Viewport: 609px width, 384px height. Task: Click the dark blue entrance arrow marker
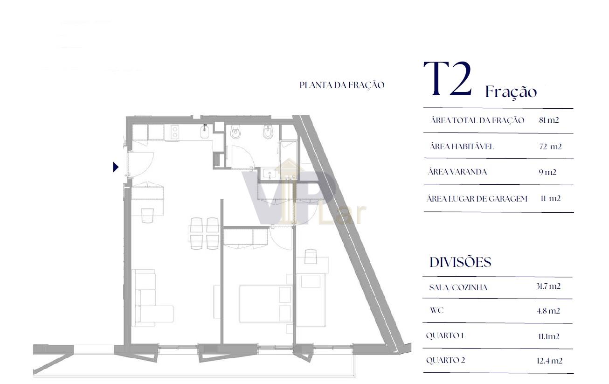click(x=116, y=167)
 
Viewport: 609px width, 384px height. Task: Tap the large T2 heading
click(x=448, y=79)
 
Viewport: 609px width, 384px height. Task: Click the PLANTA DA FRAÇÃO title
click(x=342, y=85)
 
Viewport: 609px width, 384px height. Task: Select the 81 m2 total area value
click(x=549, y=120)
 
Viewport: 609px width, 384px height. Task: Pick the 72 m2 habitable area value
click(x=550, y=147)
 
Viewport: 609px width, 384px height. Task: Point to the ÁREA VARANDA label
click(x=457, y=172)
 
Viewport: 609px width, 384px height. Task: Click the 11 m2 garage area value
click(x=551, y=198)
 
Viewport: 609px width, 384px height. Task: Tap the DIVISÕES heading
click(x=460, y=262)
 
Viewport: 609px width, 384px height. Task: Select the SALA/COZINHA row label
click(x=458, y=287)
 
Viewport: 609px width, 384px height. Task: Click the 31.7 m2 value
click(x=548, y=286)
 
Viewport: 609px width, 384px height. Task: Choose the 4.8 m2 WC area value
click(x=548, y=311)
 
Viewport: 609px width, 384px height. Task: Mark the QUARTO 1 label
click(x=445, y=335)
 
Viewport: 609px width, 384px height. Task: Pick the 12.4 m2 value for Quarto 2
click(x=549, y=361)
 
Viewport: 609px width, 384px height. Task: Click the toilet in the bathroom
click(x=235, y=132)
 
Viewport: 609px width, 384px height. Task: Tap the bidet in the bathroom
click(x=268, y=132)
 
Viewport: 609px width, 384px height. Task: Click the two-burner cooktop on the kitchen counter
click(x=175, y=132)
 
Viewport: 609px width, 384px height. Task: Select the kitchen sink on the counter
click(x=204, y=132)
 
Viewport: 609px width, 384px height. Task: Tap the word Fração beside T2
click(x=511, y=92)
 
